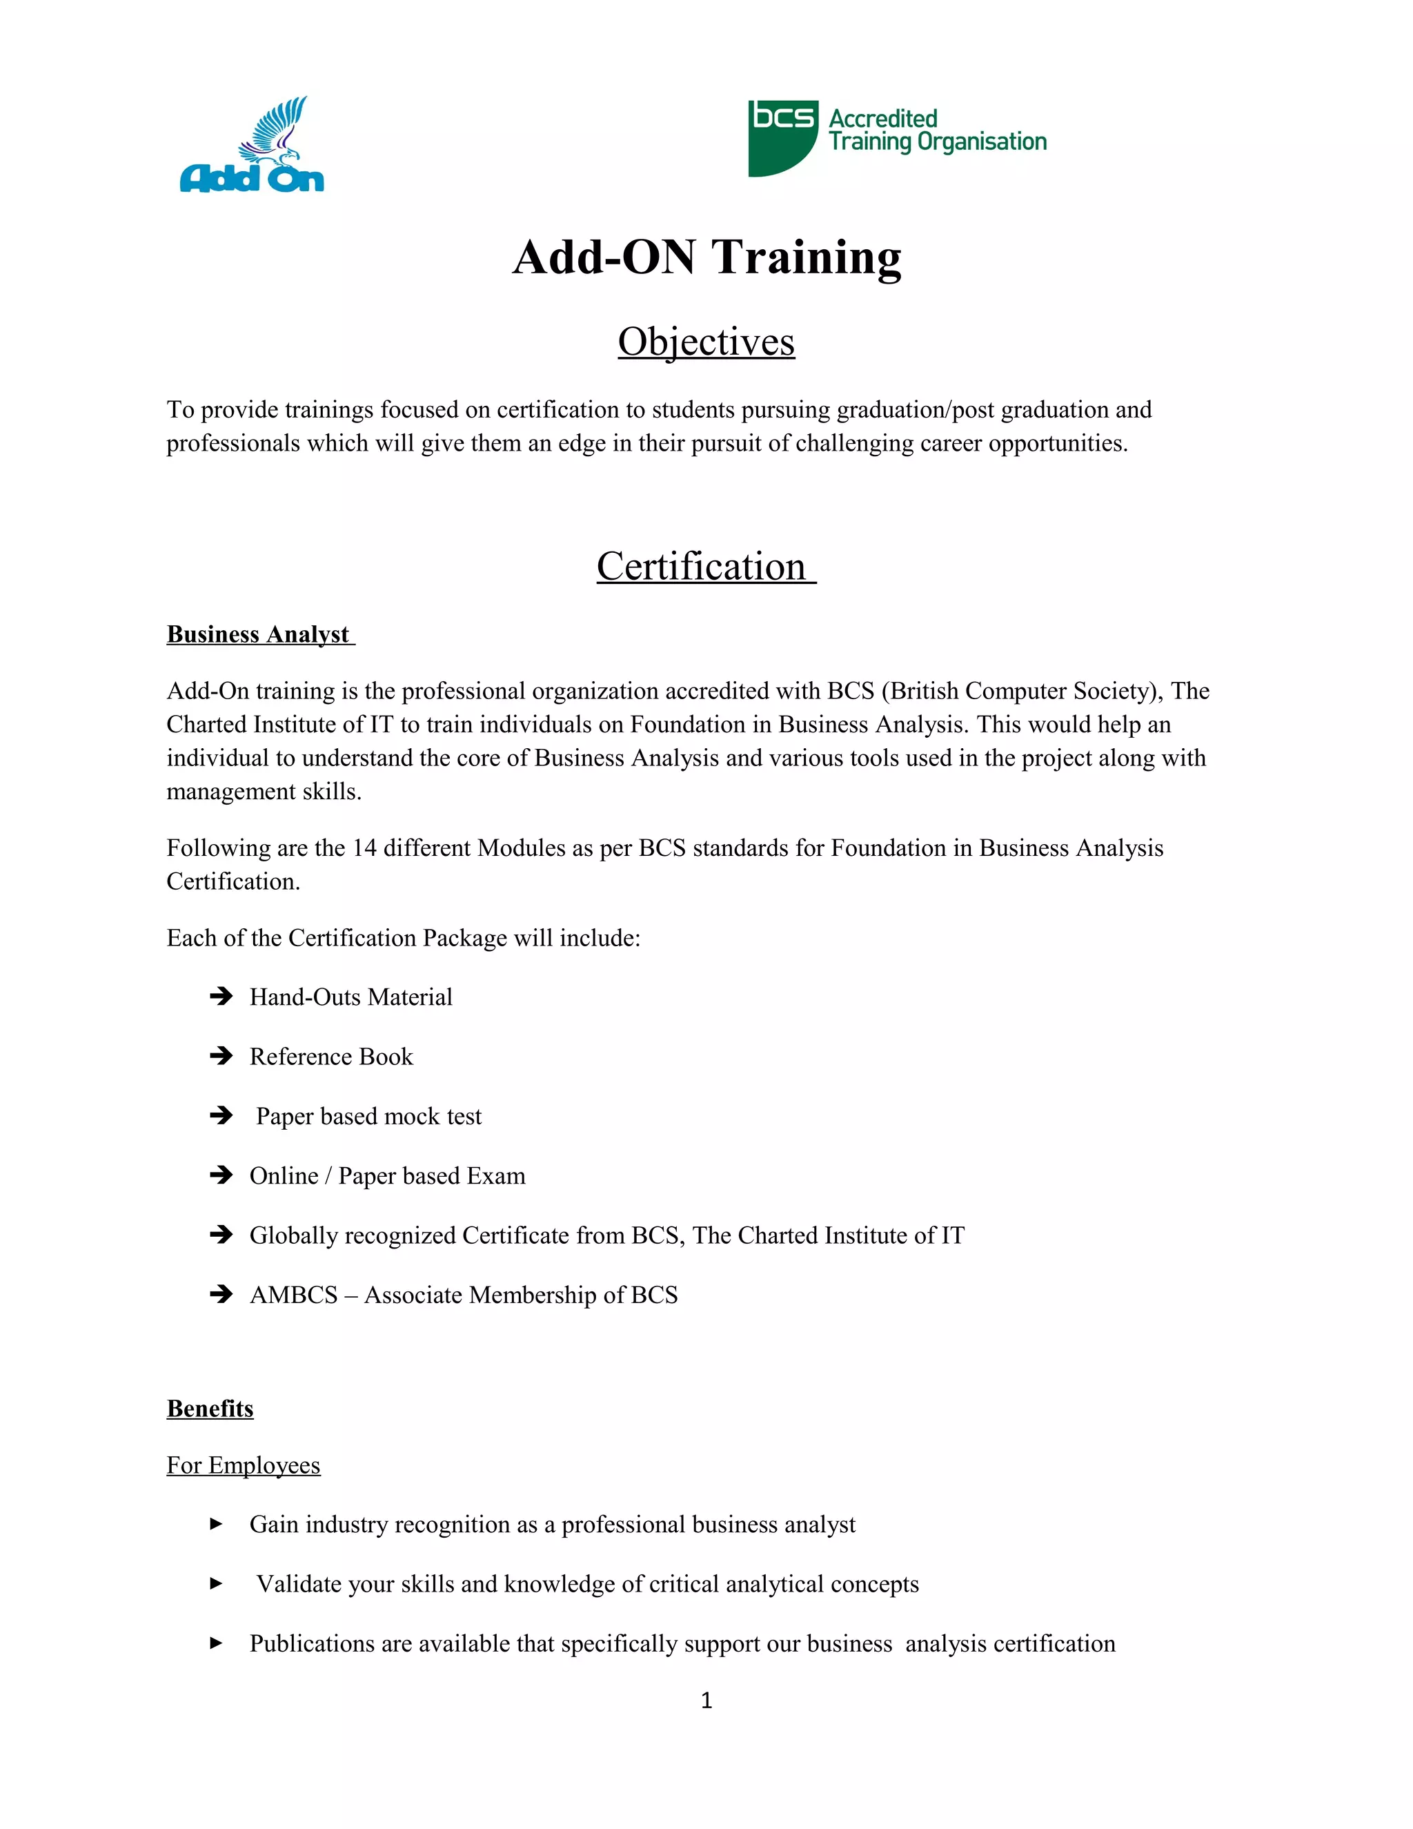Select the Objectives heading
tap(706, 342)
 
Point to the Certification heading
tap(702, 567)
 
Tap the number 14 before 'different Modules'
tap(364, 848)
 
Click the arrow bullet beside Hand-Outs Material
tap(221, 996)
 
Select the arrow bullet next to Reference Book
tap(221, 1055)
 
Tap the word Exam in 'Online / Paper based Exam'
tap(496, 1176)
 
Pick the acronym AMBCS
tap(293, 1295)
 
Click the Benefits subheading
tap(210, 1409)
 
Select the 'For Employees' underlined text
tap(244, 1465)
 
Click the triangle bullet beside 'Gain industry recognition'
tap(216, 1524)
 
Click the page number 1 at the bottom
tap(706, 1700)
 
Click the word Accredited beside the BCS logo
tap(882, 119)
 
